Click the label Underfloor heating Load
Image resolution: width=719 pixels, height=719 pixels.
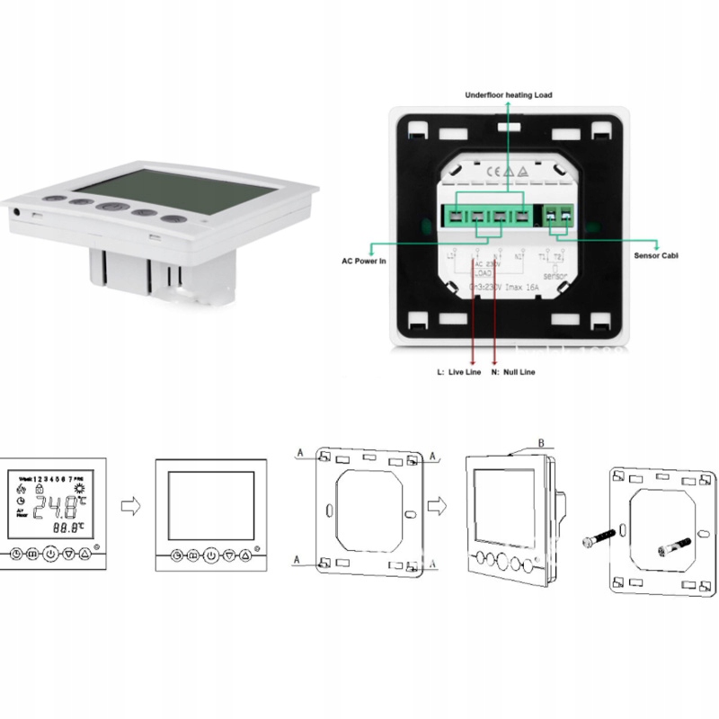[x=508, y=94]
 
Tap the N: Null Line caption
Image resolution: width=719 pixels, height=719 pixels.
[x=512, y=371]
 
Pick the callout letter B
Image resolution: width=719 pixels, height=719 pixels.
[x=541, y=442]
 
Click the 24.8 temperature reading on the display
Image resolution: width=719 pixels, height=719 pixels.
[x=55, y=510]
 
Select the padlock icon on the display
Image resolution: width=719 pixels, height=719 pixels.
[x=39, y=492]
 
